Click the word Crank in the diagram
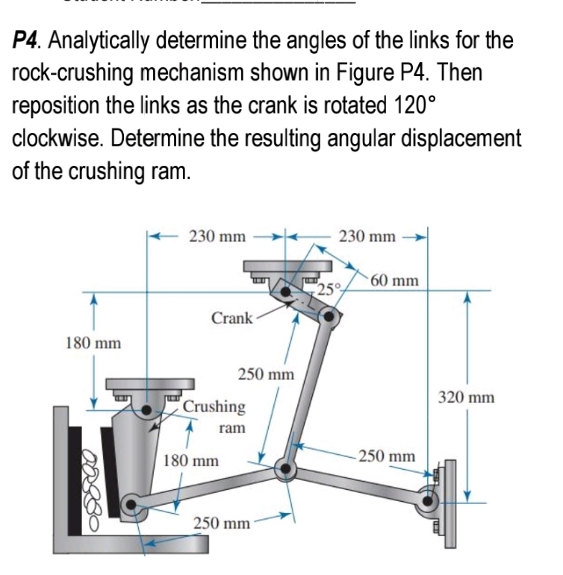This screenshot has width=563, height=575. point(231,318)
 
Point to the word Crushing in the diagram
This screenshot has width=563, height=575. point(214,407)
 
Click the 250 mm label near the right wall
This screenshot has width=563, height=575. point(386,456)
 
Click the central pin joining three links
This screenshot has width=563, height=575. point(284,469)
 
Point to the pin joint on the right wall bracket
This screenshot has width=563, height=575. point(429,501)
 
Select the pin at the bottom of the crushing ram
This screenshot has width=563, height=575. point(131,506)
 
